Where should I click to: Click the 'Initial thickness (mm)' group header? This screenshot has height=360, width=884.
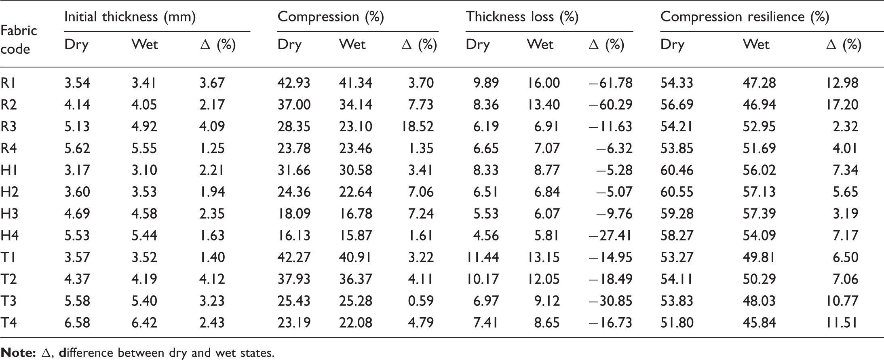[130, 17]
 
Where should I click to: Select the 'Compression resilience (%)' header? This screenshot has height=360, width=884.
[745, 17]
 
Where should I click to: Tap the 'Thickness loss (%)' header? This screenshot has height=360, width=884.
[522, 17]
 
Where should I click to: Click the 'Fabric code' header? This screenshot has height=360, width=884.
[19, 40]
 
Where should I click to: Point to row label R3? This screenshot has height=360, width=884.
[9, 126]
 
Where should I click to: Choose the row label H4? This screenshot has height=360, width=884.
[9, 236]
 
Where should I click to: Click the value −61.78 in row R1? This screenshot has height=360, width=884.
[610, 83]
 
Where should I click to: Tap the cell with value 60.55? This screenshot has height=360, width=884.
[677, 192]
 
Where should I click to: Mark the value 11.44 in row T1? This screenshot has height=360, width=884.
[483, 257]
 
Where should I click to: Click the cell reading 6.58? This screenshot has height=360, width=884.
[77, 323]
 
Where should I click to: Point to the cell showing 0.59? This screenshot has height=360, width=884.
[421, 301]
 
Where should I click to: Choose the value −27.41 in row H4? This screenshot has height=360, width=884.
[610, 236]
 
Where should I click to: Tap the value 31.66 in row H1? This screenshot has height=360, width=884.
[294, 170]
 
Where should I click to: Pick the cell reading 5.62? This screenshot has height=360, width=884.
[77, 148]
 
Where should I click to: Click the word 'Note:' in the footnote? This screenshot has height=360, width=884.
[18, 353]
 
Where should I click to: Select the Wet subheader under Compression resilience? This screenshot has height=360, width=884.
[756, 44]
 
